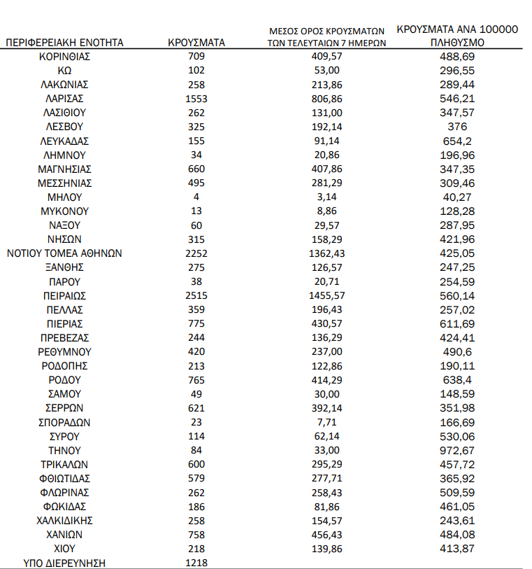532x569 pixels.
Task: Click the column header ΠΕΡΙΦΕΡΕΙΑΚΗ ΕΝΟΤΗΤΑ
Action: (64, 43)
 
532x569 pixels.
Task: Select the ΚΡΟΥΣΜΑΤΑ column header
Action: (196, 43)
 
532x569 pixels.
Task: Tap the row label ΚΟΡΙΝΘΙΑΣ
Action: (64, 56)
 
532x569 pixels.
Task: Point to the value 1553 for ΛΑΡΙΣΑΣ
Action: (196, 99)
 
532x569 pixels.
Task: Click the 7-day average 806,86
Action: (328, 99)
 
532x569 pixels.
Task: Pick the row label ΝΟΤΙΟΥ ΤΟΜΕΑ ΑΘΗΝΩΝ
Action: (64, 253)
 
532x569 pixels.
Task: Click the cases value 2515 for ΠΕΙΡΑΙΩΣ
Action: (196, 296)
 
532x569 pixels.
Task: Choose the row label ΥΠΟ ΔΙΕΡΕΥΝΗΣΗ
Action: (64, 563)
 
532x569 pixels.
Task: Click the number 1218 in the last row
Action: (196, 563)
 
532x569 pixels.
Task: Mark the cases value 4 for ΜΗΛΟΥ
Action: (196, 197)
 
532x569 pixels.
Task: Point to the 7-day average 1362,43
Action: (328, 253)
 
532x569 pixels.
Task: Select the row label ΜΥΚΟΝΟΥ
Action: (64, 211)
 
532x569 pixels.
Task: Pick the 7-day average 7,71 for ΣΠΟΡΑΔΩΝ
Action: (328, 423)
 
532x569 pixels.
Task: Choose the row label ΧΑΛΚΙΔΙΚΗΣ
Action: (64, 521)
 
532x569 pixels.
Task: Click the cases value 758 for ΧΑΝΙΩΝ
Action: (196, 535)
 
